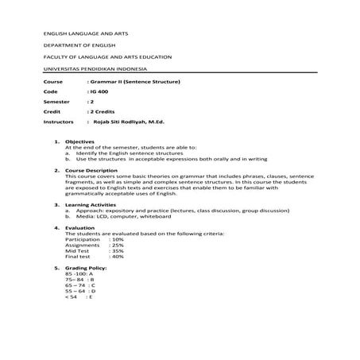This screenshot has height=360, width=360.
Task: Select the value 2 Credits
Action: point(103,113)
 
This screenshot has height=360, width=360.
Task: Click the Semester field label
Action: point(55,103)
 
